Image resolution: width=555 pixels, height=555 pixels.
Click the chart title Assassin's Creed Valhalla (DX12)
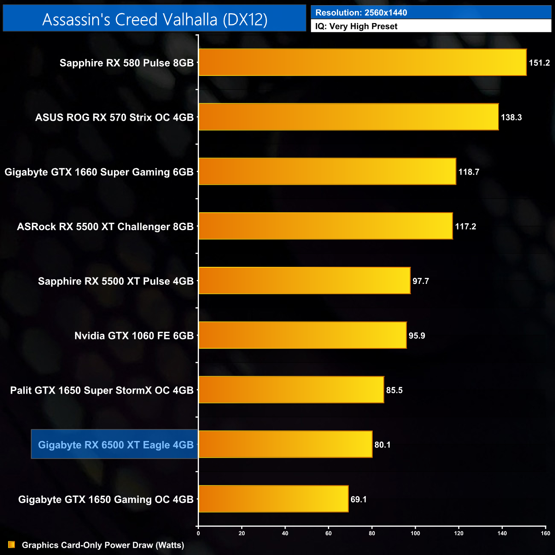tap(155, 20)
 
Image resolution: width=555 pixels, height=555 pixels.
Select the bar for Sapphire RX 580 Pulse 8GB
tap(362, 62)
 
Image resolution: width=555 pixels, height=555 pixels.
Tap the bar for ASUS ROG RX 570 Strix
tap(348, 117)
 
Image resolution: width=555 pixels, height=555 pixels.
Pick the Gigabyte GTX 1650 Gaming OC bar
tap(273, 499)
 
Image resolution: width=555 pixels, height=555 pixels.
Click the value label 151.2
tap(539, 63)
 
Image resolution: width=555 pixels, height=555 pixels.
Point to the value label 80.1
tap(383, 445)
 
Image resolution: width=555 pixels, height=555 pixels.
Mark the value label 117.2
tap(465, 227)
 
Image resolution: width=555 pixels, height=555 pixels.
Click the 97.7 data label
tap(421, 281)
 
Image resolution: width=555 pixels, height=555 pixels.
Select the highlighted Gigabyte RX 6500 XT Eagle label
tap(116, 445)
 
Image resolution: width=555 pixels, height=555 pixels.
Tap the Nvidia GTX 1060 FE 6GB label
tap(134, 336)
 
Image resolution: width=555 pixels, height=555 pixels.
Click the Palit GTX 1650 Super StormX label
tap(102, 391)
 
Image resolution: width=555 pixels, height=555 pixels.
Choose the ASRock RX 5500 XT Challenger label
tap(105, 227)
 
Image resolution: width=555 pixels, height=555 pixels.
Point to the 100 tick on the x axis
tap(415, 533)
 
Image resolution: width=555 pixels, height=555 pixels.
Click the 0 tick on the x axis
tap(198, 533)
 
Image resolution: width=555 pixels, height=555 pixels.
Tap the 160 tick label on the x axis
tap(545, 533)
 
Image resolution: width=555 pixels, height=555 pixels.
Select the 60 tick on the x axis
tap(328, 533)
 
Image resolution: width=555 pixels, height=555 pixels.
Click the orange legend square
tap(12, 545)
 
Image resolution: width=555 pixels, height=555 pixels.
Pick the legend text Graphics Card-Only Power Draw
tap(103, 545)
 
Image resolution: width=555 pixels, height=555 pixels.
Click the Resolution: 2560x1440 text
tap(361, 13)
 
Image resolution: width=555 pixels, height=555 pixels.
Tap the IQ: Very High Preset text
tap(356, 26)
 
